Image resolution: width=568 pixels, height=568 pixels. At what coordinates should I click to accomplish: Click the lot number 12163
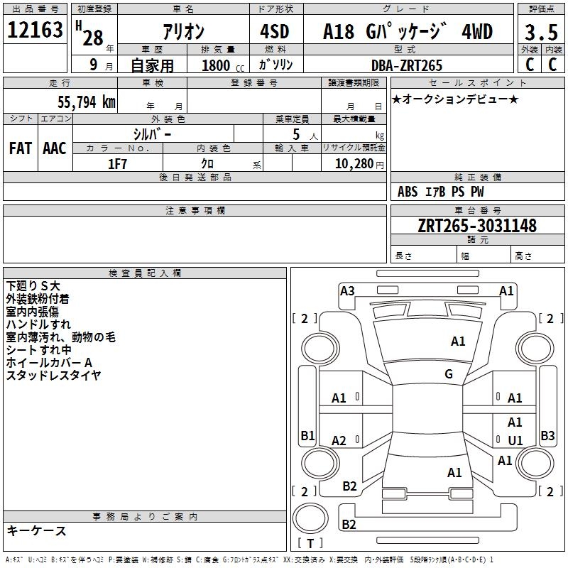pos(35,31)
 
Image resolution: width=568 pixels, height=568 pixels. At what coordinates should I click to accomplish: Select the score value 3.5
pos(540,33)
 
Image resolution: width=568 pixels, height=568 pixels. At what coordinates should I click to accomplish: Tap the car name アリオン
pos(183,32)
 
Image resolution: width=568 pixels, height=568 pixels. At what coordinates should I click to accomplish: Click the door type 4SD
pos(275,32)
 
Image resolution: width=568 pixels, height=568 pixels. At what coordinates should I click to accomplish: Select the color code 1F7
pos(117,164)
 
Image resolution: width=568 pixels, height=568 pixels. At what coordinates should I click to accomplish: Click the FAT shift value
pos(20,148)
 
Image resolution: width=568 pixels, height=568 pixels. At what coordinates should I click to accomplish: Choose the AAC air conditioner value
pos(55,148)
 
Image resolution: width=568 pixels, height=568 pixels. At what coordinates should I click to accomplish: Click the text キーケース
pos(37,531)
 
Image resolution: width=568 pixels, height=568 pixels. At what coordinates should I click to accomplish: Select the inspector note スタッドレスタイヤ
pos(54,375)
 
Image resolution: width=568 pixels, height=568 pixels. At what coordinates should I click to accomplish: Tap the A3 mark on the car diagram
pos(347,290)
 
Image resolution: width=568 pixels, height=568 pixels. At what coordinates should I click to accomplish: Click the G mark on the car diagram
pos(449,374)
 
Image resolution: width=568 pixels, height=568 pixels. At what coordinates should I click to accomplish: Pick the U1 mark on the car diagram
pos(515,440)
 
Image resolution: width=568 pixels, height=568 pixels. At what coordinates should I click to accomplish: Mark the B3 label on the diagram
pos(547,435)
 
